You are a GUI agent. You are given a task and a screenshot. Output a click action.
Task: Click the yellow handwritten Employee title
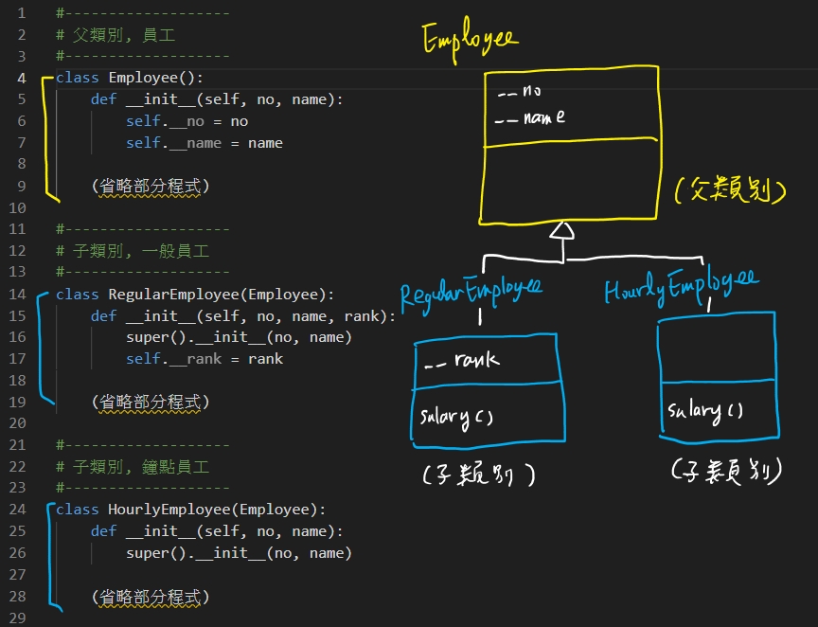[470, 40]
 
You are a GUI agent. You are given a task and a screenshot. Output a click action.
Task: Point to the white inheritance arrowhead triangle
[562, 231]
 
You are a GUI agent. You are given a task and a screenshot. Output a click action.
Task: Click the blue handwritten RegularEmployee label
[471, 293]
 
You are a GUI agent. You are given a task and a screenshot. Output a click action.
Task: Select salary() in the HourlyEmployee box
[705, 410]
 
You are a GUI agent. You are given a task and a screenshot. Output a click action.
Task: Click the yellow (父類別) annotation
[731, 192]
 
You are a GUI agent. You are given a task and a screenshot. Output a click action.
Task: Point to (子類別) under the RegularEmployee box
[479, 475]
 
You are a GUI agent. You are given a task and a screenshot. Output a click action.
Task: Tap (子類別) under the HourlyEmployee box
[725, 471]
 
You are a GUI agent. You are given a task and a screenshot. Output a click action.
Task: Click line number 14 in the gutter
[20, 295]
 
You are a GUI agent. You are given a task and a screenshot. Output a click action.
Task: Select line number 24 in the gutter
[20, 510]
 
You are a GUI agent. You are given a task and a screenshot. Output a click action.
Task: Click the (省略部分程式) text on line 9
[151, 187]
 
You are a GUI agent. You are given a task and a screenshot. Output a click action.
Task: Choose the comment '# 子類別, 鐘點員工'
[133, 467]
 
